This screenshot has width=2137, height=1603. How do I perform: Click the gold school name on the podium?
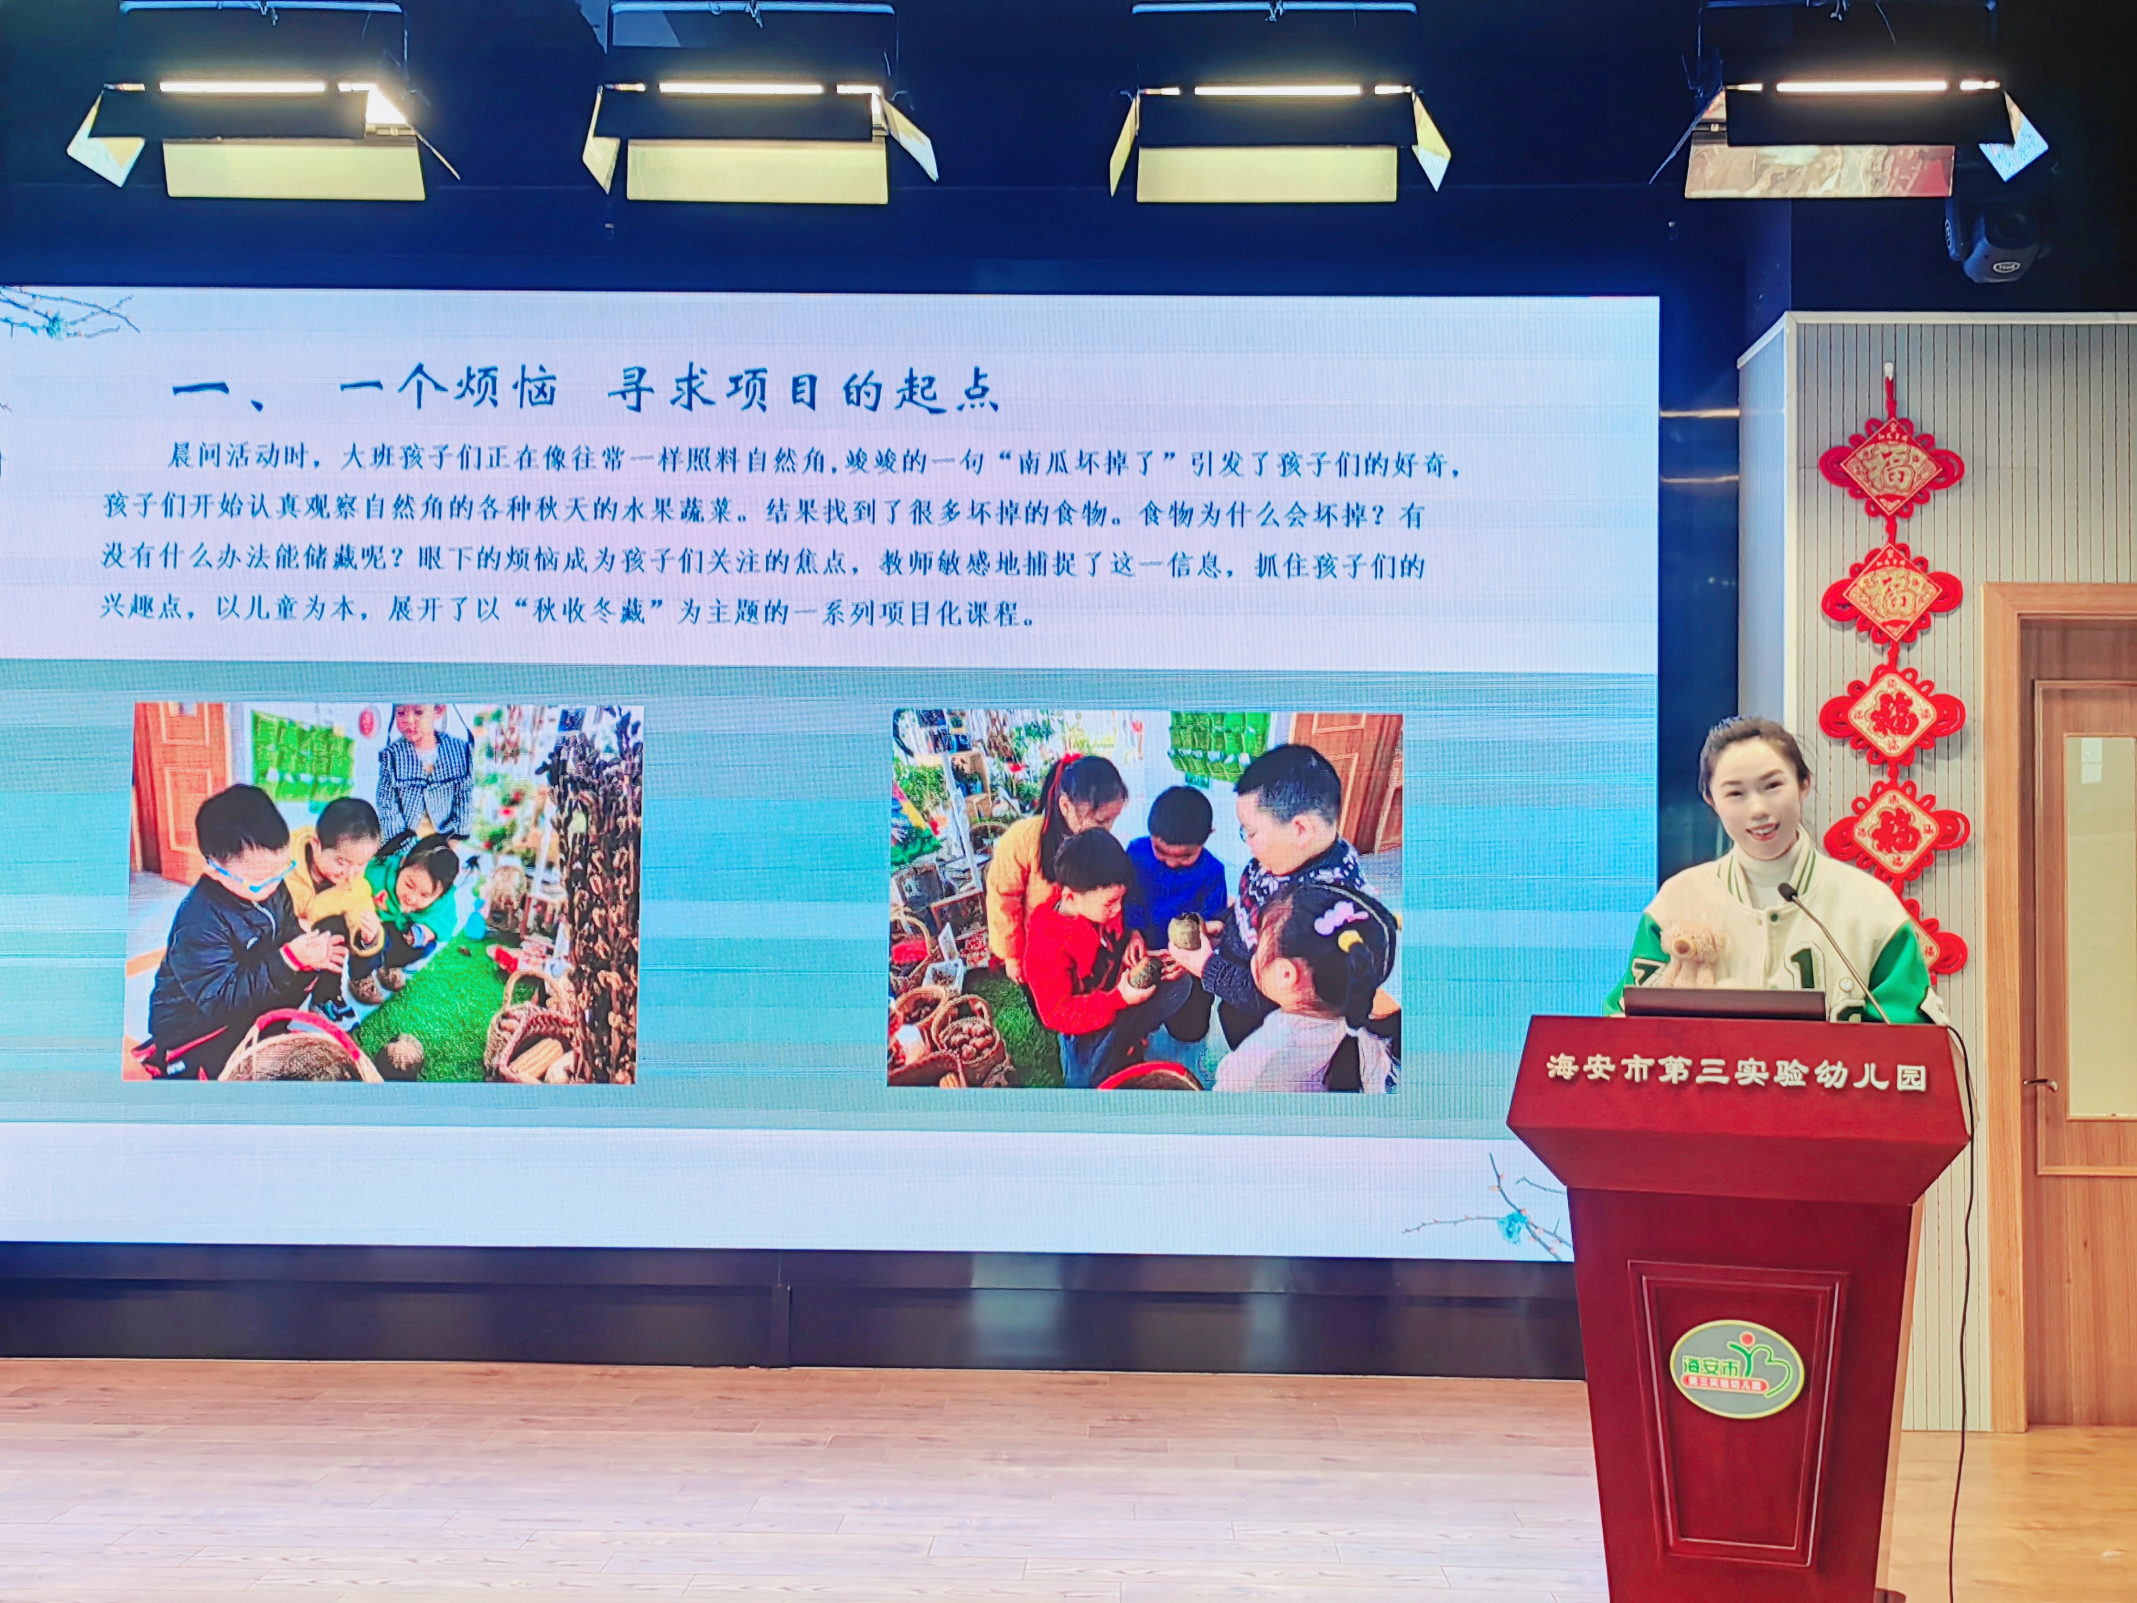1736,1072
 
